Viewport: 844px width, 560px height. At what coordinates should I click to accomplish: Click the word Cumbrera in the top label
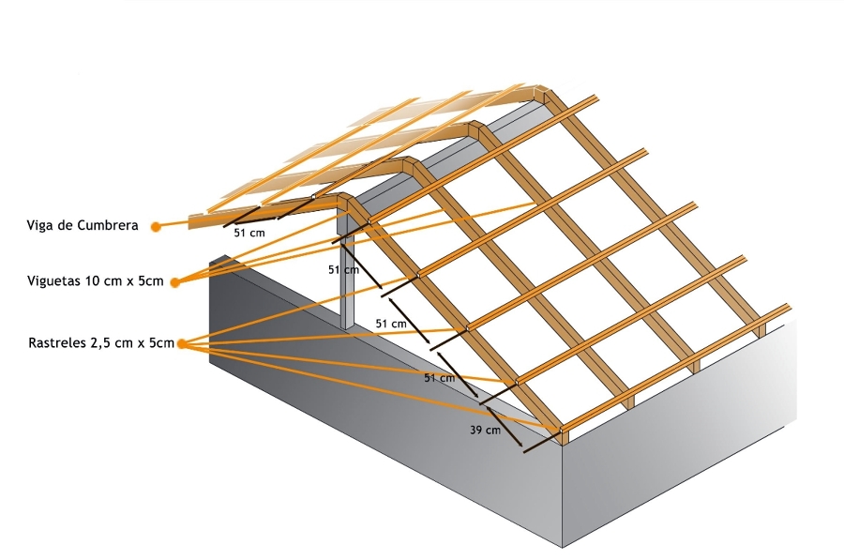tap(109, 225)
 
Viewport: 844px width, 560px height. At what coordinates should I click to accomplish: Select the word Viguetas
tap(53, 280)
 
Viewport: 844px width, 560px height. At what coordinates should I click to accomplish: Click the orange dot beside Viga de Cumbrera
tap(156, 225)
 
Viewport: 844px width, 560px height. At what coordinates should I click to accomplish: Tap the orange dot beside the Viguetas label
tap(174, 280)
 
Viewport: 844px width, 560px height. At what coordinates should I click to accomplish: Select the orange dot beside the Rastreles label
tap(181, 344)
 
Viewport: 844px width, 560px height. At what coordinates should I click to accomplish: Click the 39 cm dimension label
tap(485, 431)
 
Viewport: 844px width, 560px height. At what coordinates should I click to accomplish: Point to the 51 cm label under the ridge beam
tap(249, 233)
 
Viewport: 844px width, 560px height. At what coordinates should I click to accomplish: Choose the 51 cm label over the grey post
tap(343, 269)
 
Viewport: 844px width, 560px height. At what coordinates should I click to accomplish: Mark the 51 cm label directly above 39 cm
tap(439, 378)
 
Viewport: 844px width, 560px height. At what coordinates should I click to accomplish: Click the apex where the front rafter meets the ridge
tap(345, 199)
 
